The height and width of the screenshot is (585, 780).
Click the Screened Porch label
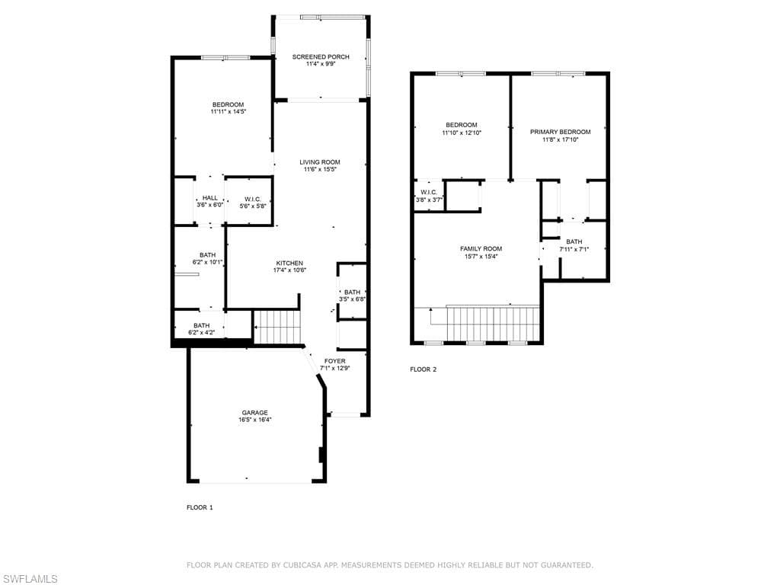(x=321, y=56)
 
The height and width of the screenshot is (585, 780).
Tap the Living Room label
(x=320, y=161)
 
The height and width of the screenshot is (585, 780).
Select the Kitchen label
(x=289, y=263)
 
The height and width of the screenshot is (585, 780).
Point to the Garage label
(x=254, y=412)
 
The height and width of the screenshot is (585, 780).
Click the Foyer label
(x=335, y=361)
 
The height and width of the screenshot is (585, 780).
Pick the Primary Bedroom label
(x=560, y=132)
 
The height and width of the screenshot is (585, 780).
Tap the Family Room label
(x=481, y=249)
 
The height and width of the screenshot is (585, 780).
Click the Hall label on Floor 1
(x=210, y=198)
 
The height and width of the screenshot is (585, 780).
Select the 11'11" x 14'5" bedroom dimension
(x=229, y=112)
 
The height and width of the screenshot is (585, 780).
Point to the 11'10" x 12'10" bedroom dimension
(x=462, y=133)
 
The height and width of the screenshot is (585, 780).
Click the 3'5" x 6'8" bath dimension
(x=352, y=299)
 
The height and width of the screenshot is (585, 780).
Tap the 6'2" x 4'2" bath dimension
(x=201, y=333)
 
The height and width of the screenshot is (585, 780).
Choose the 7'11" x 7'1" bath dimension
(x=574, y=249)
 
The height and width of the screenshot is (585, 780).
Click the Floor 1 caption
(x=200, y=507)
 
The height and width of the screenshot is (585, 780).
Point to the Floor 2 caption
(x=424, y=369)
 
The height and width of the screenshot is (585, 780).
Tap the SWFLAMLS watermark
(x=29, y=579)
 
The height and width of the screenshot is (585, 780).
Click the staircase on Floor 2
(x=493, y=323)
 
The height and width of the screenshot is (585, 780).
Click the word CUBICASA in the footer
(x=303, y=565)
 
